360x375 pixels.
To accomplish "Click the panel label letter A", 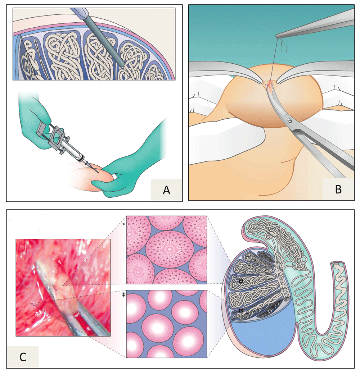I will pos(166,189).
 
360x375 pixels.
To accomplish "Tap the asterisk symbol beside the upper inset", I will pos(123,224).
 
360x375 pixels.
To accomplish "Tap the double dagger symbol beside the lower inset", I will pos(123,295).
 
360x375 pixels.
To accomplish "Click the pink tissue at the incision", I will pos(270,86).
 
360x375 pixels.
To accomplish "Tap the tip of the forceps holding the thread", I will pos(278,36).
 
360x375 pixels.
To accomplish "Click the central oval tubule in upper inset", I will pos(166,249).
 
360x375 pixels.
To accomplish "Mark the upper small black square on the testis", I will pos(240,281).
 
